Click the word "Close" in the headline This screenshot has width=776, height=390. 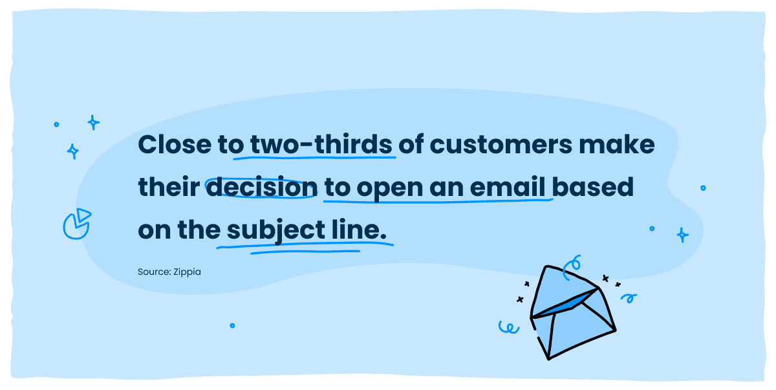pyautogui.click(x=175, y=144)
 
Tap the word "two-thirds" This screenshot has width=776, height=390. pyautogui.click(x=321, y=144)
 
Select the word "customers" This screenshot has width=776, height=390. pyautogui.click(x=501, y=144)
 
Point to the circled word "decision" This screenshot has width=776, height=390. pyautogui.click(x=262, y=187)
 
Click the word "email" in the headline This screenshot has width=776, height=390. pyautogui.click(x=508, y=187)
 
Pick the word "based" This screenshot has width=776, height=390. pyautogui.click(x=592, y=187)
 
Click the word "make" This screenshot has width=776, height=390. pyautogui.click(x=617, y=144)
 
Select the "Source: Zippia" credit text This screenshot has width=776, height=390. pyautogui.click(x=169, y=272)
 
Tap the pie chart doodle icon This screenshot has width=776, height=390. pyautogui.click(x=77, y=224)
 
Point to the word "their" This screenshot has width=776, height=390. pyautogui.click(x=169, y=187)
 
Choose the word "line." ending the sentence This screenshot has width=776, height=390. pyautogui.click(x=359, y=230)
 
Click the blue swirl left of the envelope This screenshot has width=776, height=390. pyautogui.click(x=509, y=327)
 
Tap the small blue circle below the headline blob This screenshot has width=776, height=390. pyautogui.click(x=232, y=325)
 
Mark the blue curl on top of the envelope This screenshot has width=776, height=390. pyautogui.click(x=572, y=267)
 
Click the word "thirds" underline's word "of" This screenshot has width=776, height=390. pyautogui.click(x=411, y=144)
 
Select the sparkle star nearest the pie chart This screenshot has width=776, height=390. pyautogui.click(x=72, y=151)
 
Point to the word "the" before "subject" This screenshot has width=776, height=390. pyautogui.click(x=199, y=230)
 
